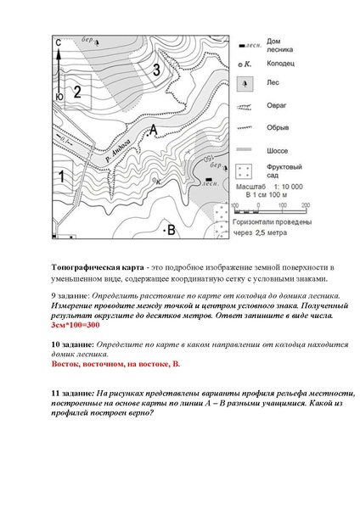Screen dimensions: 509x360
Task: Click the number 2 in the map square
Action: pyautogui.click(x=77, y=91)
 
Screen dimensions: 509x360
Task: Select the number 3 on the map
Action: pyautogui.click(x=155, y=70)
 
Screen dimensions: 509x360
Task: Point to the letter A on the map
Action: pyautogui.click(x=153, y=129)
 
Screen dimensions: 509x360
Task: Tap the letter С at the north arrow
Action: pyautogui.click(x=58, y=42)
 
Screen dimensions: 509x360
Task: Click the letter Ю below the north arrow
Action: pyautogui.click(x=58, y=98)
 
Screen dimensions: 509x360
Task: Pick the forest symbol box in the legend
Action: pyautogui.click(x=245, y=85)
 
